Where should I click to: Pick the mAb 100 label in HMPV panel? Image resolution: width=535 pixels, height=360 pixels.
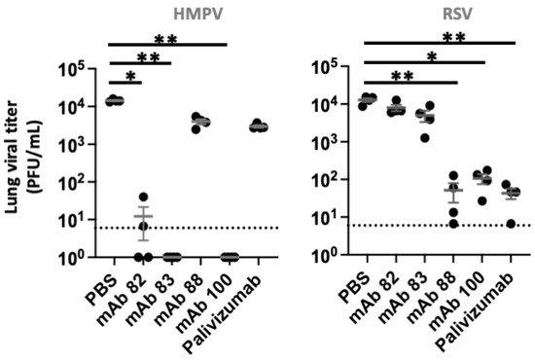click(x=212, y=296)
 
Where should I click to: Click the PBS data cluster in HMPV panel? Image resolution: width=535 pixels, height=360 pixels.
click(x=114, y=100)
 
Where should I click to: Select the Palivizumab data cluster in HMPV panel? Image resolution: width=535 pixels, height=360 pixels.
click(x=257, y=126)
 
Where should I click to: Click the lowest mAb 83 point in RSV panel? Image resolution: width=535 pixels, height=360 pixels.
click(x=424, y=137)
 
